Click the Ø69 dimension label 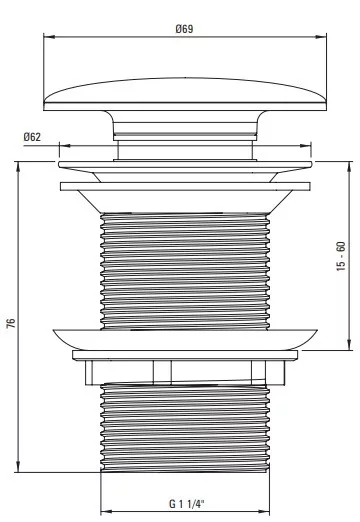click(x=184, y=29)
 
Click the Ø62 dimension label click(x=32, y=137)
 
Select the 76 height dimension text click(x=11, y=323)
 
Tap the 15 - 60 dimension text click(x=341, y=256)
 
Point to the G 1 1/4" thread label click(x=186, y=503)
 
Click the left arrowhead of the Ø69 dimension click(x=49, y=37)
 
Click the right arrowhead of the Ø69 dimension click(x=321, y=37)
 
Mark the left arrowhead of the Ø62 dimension click(x=64, y=146)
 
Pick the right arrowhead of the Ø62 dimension click(x=305, y=146)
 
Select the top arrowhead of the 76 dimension click(x=18, y=167)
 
